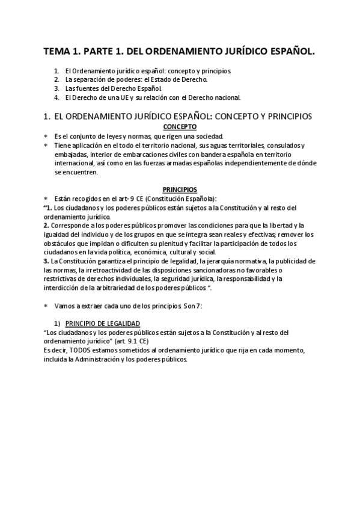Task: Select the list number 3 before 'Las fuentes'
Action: (x=56, y=88)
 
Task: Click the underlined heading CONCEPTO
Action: (x=180, y=127)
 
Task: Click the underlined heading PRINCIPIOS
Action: (x=180, y=189)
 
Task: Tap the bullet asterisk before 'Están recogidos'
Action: (x=46, y=199)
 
